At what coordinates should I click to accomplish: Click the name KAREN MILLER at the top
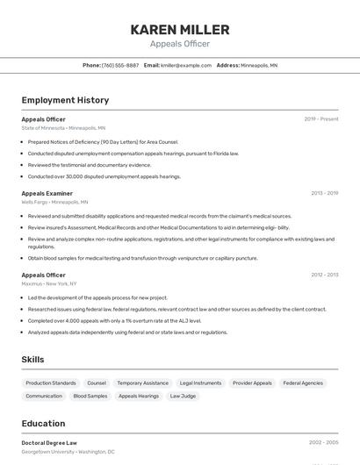point(180,30)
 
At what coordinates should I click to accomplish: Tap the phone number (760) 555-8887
point(120,65)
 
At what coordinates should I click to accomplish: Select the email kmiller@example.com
point(186,65)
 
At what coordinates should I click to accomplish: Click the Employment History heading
point(65,100)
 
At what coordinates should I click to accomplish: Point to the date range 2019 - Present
point(321,118)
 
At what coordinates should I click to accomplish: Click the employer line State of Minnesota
point(63,127)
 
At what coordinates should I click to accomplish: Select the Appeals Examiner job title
point(47,193)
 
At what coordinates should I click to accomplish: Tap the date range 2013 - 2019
point(324,193)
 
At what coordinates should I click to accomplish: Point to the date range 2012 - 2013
point(324,275)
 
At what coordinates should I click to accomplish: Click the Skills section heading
point(32,359)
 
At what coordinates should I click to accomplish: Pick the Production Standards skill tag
point(51,383)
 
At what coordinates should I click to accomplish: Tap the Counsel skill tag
point(97,383)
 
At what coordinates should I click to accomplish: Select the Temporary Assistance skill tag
point(142,383)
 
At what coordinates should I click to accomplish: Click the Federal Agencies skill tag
point(303,383)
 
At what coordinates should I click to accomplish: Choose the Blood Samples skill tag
point(90,397)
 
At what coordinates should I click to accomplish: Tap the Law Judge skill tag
point(183,397)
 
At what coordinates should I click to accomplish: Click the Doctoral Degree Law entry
point(49,443)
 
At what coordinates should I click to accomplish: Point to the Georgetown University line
point(68,452)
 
